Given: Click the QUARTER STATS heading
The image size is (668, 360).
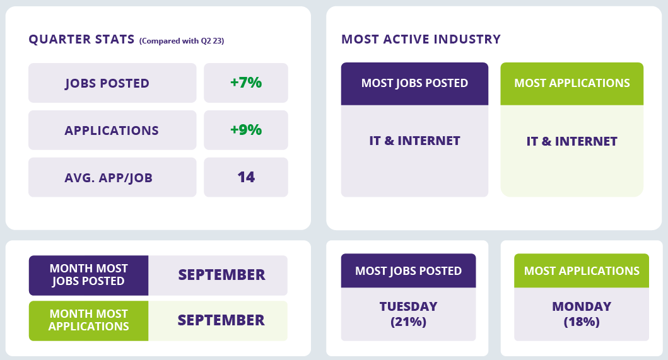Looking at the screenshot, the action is tap(81, 39).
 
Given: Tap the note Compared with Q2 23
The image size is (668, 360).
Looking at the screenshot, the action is tap(182, 41).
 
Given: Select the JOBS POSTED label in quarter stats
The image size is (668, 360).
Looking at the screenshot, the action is tap(107, 83).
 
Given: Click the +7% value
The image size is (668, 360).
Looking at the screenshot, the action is tap(246, 82).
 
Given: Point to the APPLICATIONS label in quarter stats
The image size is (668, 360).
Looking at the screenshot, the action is tap(112, 131).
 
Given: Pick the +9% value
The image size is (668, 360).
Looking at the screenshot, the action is tap(246, 129).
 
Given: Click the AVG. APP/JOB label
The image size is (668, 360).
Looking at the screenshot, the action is tap(108, 178).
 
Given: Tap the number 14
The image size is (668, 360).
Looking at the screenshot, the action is tap(246, 177).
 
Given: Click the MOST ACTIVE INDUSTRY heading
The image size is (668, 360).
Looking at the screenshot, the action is tap(421, 39).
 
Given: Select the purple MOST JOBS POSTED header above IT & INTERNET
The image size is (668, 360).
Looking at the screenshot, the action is tap(414, 83).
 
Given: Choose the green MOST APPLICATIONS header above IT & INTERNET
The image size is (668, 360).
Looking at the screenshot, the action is tap(571, 83).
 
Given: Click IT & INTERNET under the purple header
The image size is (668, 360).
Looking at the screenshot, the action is tap(414, 141).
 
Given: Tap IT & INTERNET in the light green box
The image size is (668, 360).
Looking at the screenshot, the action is tap(571, 141).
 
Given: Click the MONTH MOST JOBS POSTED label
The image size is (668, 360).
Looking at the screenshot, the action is tap(88, 275).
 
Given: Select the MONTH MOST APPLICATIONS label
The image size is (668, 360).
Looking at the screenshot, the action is tap(88, 320).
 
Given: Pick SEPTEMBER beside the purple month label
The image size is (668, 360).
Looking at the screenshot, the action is tap(221, 275).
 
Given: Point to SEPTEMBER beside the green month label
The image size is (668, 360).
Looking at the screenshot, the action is tap(221, 320).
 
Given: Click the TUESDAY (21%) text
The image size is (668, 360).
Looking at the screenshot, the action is tap(409, 314).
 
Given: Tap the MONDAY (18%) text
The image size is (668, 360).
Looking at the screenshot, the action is tap(582, 314).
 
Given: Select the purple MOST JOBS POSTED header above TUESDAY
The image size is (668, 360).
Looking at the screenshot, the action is tap(409, 271).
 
